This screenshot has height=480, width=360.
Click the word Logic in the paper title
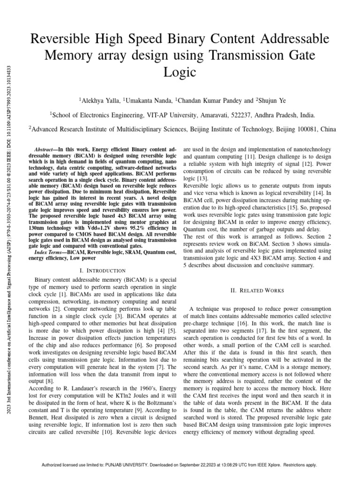pyautogui.click(x=180, y=72)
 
